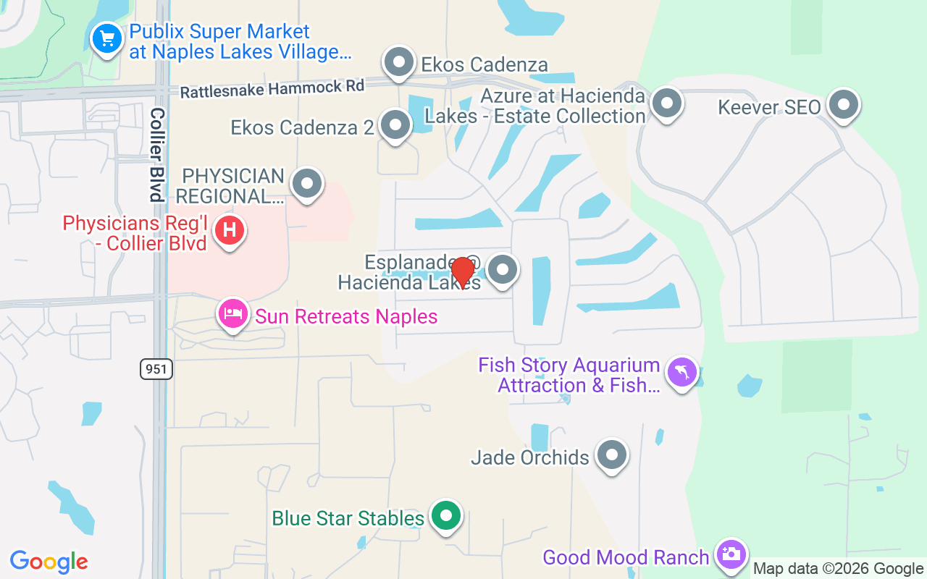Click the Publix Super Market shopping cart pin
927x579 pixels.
coord(108,38)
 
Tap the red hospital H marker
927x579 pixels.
coord(230,232)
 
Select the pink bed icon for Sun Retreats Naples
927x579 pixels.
coord(232,314)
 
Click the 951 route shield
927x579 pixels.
coord(156,369)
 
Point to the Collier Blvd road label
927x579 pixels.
coord(156,155)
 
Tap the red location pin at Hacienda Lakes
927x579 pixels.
coord(462,272)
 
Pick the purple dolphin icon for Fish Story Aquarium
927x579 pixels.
coord(682,373)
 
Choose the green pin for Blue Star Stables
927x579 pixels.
coord(446,516)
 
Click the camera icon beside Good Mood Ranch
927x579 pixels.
coord(730,555)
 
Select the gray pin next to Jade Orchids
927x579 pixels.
coord(613,455)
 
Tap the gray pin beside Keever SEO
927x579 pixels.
coord(843,105)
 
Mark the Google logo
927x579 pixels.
coord(49,562)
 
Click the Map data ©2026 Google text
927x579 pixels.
coord(838,569)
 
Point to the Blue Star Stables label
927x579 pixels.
coord(348,518)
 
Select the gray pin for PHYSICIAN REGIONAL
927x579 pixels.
coord(307,183)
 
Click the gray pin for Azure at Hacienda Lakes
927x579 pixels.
coord(666,103)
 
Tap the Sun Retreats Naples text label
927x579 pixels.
coord(346,316)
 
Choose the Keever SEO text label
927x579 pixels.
coord(769,108)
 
